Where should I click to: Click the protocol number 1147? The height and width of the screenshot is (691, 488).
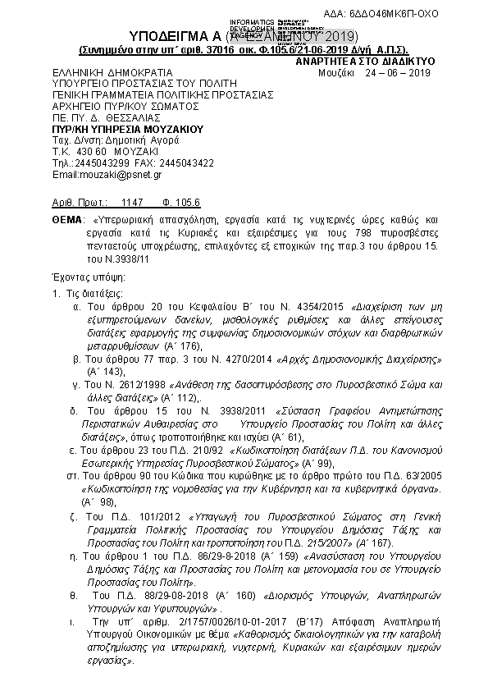point(131,202)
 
